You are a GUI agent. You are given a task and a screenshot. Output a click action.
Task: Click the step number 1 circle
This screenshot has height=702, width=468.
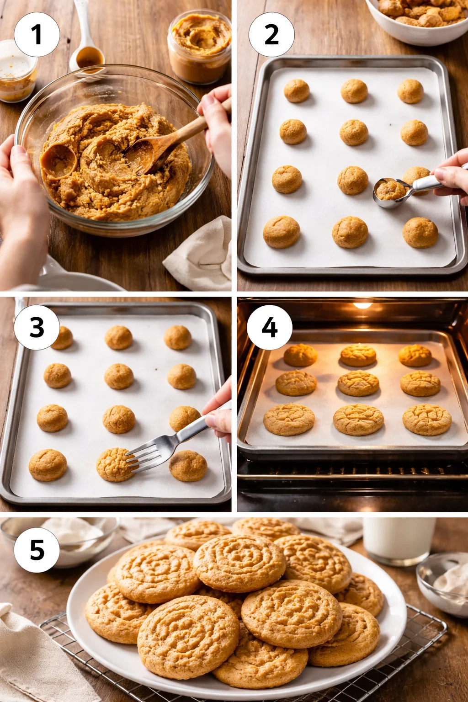coord(37,34)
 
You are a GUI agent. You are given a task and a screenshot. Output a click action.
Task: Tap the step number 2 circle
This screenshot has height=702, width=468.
coord(271,34)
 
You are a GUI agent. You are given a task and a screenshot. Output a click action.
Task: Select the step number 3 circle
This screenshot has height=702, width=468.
coord(37,327)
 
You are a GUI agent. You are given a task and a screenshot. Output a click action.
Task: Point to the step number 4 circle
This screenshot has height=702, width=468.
coord(270,327)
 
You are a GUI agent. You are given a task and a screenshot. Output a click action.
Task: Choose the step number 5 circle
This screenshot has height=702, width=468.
coord(37,549)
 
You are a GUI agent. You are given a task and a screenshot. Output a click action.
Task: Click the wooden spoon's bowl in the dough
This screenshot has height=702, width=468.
coord(139,155)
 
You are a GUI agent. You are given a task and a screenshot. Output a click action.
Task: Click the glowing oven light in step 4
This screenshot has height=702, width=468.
coord(362,305)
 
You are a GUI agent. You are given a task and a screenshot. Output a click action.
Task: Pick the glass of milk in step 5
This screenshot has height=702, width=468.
coord(399,539)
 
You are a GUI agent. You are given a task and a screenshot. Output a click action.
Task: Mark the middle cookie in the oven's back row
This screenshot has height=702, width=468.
coord(358,355)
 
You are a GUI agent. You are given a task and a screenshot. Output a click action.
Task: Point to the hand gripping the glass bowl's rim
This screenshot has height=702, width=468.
coord(18,183)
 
